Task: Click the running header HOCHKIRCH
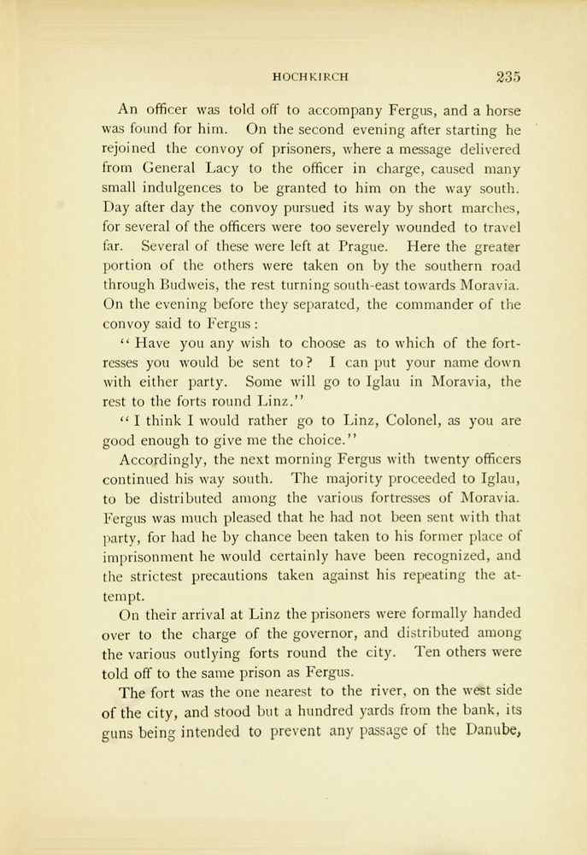pos(310,77)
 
